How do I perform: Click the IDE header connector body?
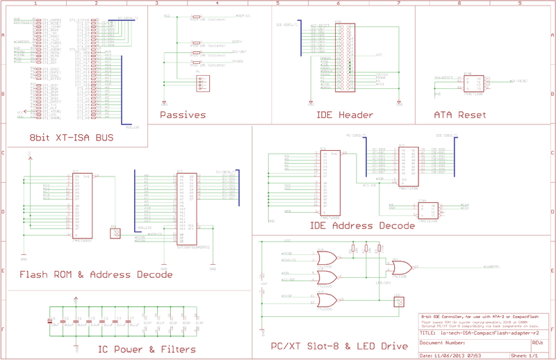tap(345, 58)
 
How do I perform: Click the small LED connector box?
tap(399, 302)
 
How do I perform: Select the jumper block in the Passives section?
tap(202, 83)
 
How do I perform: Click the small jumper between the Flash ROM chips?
tap(115, 233)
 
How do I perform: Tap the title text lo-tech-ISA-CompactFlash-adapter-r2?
tap(480, 333)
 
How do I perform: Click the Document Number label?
tap(442, 343)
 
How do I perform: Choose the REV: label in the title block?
tap(537, 343)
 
